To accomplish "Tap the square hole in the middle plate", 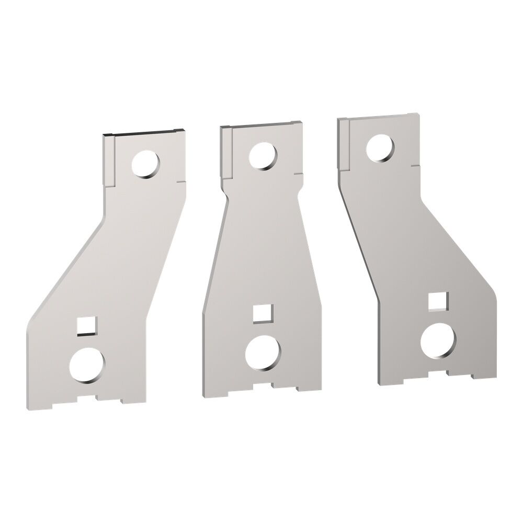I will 260,313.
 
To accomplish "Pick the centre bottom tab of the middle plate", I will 272,388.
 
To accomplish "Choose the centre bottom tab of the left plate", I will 98,398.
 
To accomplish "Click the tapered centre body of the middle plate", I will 261,246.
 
